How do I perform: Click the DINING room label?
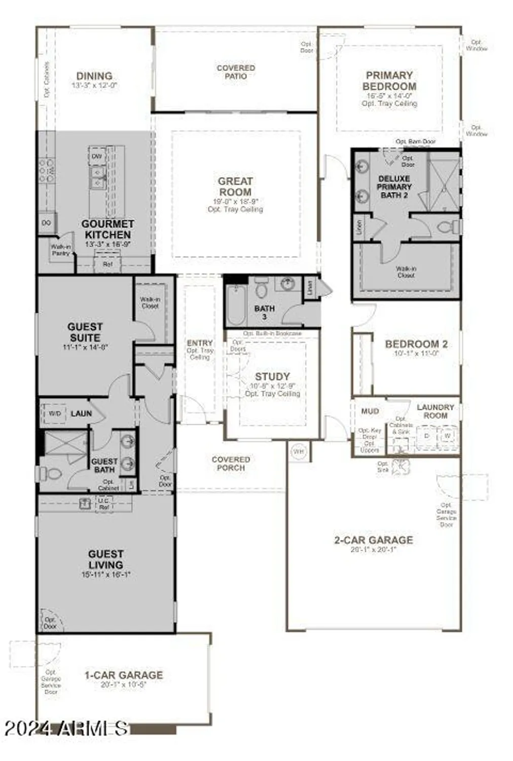(94, 76)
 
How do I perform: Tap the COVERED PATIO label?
(236, 72)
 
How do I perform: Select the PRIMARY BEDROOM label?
(389, 81)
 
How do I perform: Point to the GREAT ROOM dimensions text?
(235, 201)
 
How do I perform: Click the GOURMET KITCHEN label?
(107, 229)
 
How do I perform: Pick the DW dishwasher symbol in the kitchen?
(96, 157)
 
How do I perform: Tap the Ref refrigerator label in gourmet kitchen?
(107, 264)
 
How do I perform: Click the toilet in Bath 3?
(262, 290)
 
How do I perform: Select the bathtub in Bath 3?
(236, 304)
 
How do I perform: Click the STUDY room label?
(272, 376)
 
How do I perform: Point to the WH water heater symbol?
(299, 451)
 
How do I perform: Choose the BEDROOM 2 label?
(416, 344)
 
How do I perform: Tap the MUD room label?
(370, 411)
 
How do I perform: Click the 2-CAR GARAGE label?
(374, 540)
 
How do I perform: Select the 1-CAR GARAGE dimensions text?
(124, 684)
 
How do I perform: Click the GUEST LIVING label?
(105, 559)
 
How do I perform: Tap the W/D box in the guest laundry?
(55, 414)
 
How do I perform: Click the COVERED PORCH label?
(231, 463)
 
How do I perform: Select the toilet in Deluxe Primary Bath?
(448, 226)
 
